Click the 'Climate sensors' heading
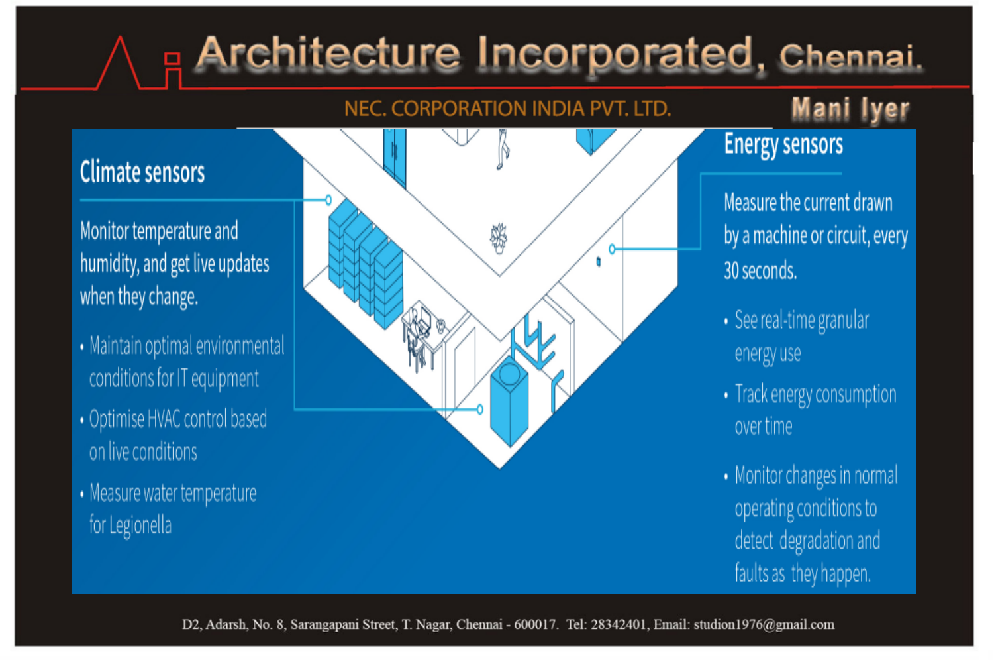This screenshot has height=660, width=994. (142, 172)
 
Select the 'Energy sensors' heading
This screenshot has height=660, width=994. (783, 145)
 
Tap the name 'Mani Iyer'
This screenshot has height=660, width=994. (850, 109)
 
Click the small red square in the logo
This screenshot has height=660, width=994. (172, 59)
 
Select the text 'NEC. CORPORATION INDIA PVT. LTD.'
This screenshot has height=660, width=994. (507, 109)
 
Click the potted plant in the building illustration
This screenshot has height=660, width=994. (499, 238)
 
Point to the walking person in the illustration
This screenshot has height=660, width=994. (503, 149)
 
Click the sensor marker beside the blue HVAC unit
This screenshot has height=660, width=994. (479, 409)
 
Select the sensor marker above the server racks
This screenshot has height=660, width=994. (328, 200)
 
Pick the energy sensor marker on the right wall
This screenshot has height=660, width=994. (612, 248)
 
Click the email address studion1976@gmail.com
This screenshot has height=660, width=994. (764, 624)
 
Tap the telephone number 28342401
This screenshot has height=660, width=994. (618, 624)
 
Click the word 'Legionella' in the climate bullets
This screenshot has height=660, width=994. (140, 526)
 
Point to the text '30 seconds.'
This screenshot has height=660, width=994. (760, 270)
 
